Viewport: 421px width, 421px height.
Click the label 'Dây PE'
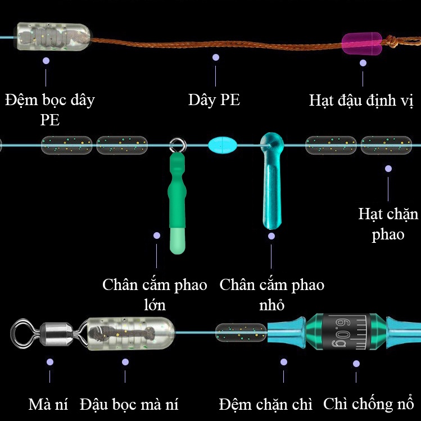tap(214, 100)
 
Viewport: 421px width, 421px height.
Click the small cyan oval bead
tap(223, 145)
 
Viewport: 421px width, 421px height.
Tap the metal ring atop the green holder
tap(176, 145)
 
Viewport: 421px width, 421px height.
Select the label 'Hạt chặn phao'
tap(388, 223)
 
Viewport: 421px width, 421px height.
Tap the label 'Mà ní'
tap(48, 404)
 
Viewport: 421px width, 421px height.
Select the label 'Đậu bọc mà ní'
tap(129, 404)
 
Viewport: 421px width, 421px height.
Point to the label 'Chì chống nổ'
tap(368, 404)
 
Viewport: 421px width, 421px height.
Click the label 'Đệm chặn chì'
tap(266, 404)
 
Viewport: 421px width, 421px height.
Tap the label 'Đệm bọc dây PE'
tap(50, 109)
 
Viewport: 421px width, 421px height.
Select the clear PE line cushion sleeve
tap(53, 37)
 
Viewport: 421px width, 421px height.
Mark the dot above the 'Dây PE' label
tap(216, 57)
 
